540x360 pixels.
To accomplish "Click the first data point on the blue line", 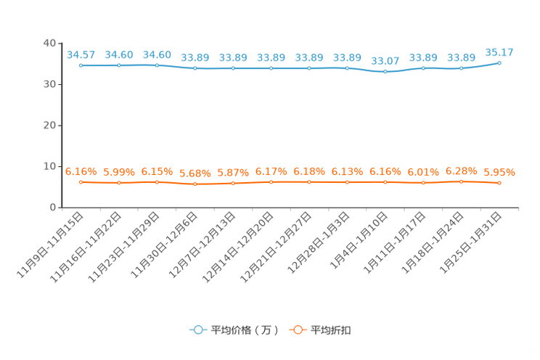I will click(x=81, y=65).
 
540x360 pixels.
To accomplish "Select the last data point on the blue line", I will click(x=499, y=62).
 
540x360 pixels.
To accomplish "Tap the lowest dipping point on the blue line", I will click(x=385, y=72).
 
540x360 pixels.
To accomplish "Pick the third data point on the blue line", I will click(x=157, y=65).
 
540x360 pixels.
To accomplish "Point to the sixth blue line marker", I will click(x=271, y=68).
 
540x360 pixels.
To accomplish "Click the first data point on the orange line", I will click(x=81, y=182).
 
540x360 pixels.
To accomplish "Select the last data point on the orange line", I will click(x=499, y=184).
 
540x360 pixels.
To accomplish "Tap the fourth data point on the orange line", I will click(x=195, y=184).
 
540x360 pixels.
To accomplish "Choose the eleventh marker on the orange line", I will click(x=461, y=181).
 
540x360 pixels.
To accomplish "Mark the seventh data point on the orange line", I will click(x=309, y=182).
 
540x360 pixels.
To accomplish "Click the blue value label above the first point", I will click(x=81, y=54).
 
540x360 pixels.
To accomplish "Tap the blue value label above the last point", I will click(x=499, y=52).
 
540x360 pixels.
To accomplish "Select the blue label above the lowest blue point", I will click(x=385, y=61).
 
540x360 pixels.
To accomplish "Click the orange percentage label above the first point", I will click(x=81, y=171).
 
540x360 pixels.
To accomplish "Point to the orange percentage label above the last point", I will click(x=499, y=173).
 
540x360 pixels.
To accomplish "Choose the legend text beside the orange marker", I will click(x=332, y=330).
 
